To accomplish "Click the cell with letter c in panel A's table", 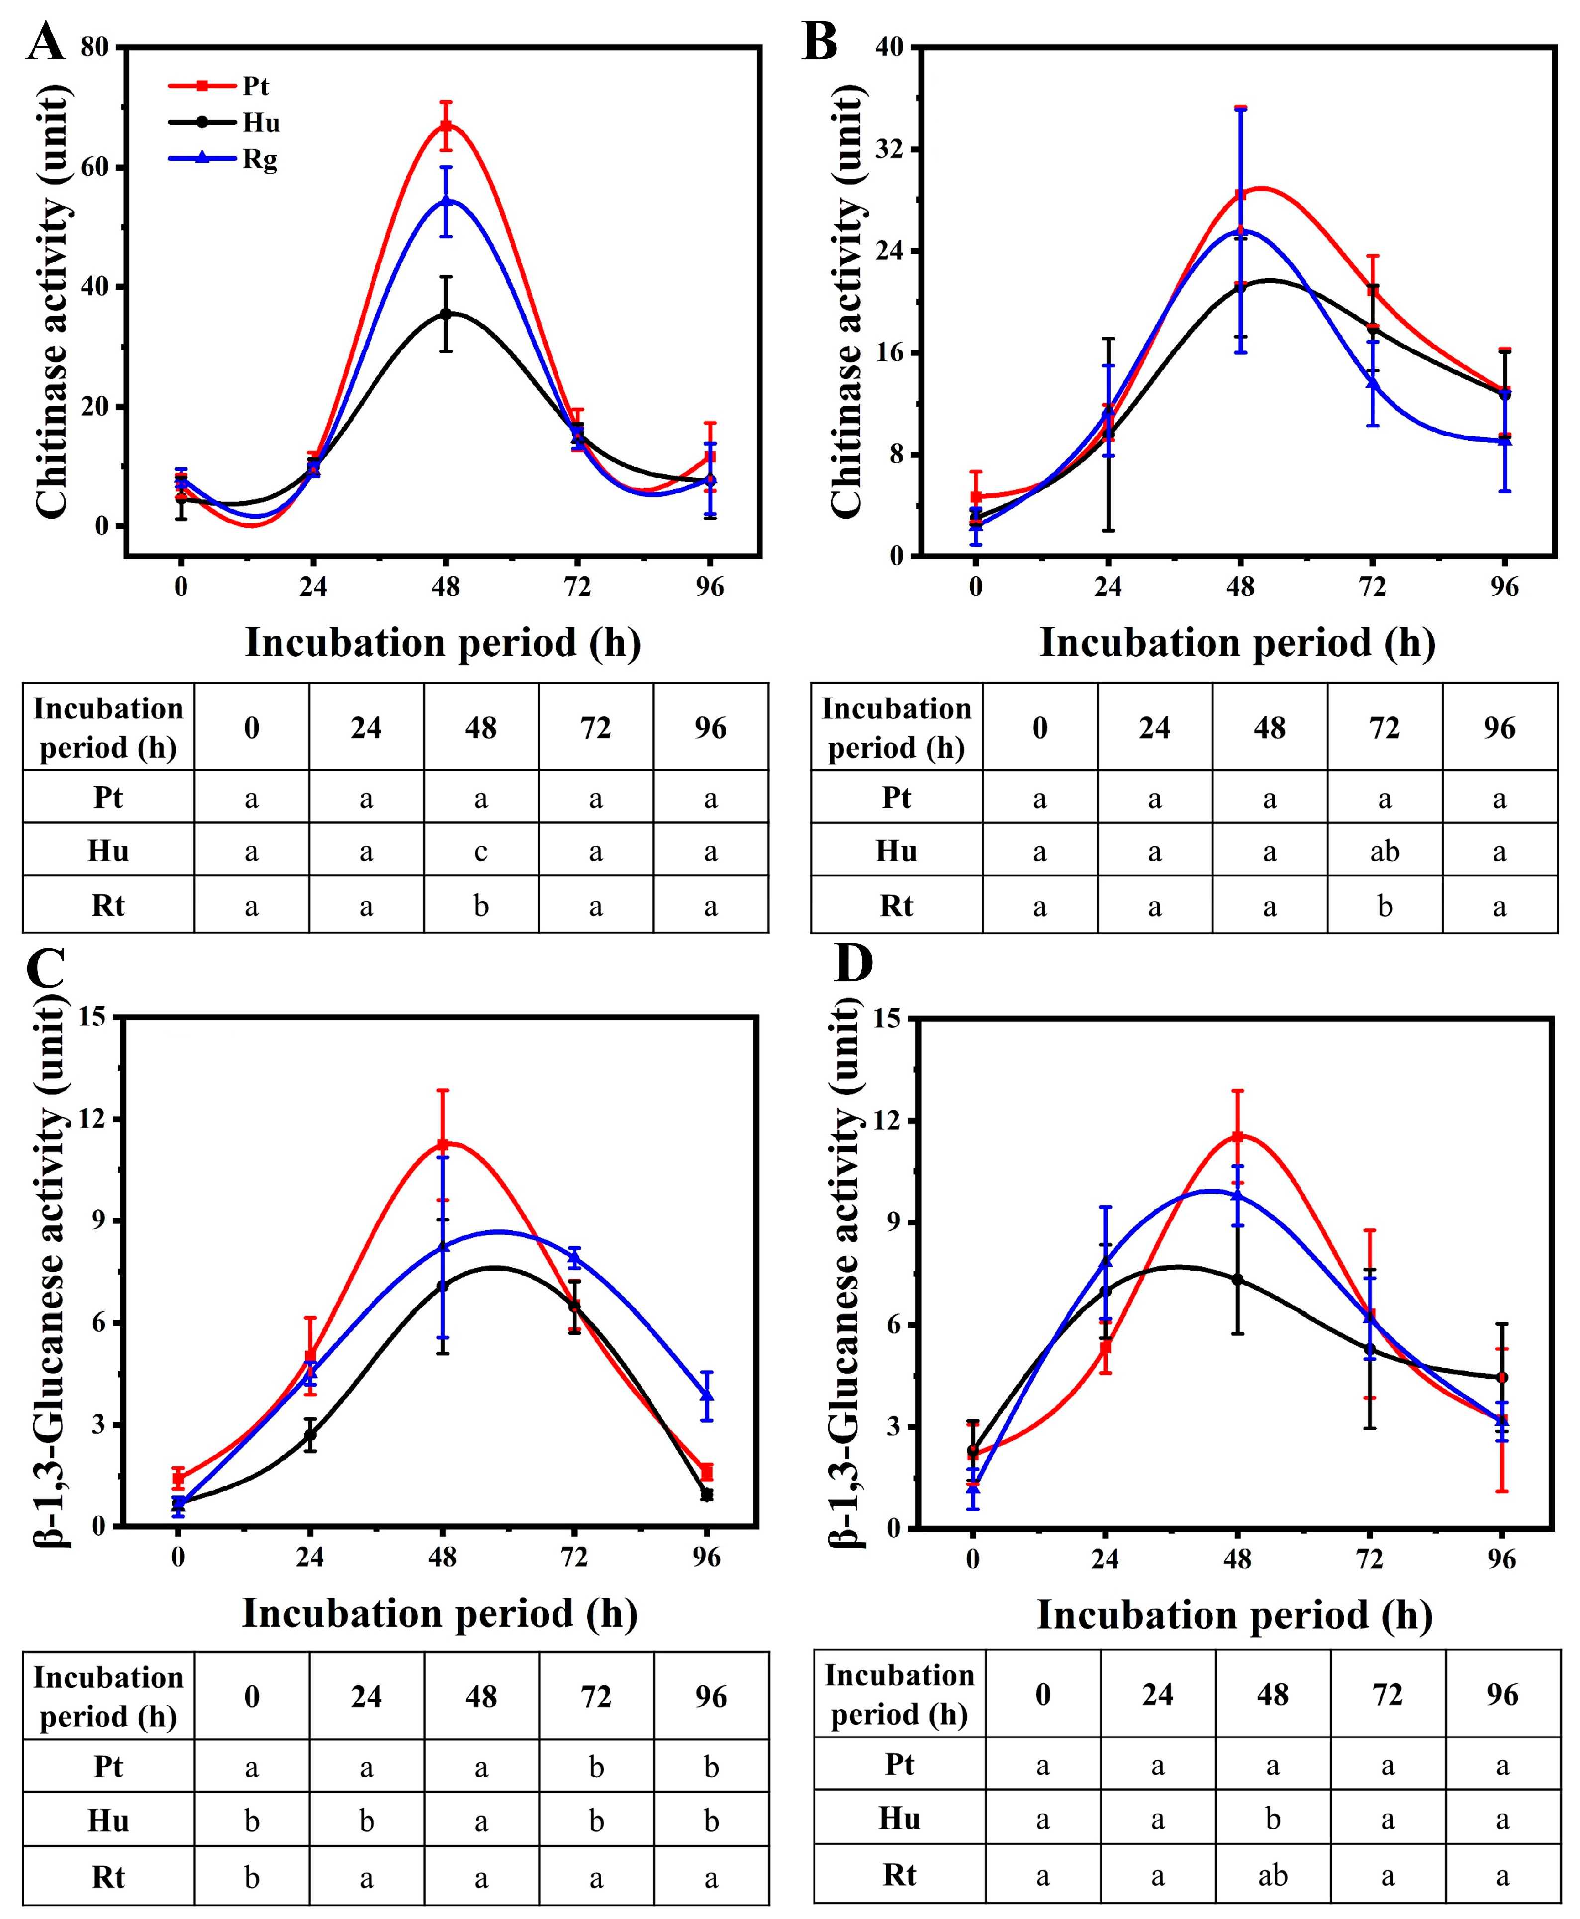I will [x=480, y=851].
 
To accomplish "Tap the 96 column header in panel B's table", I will [x=1499, y=728].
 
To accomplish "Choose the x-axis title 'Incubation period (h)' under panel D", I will [x=1234, y=1614].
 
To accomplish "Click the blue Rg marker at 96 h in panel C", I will [x=707, y=1395].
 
